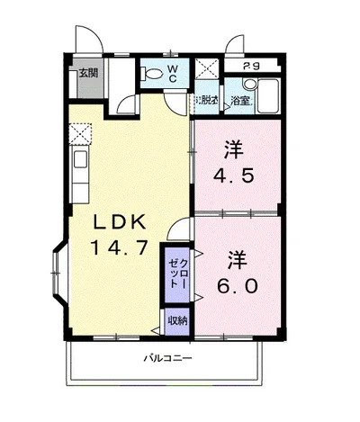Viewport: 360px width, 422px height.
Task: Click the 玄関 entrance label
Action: [x=87, y=74]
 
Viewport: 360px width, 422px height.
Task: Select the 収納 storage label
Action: [x=176, y=320]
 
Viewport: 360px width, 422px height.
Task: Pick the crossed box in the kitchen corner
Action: [x=79, y=132]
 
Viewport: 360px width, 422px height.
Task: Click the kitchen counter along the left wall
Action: [x=78, y=175]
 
